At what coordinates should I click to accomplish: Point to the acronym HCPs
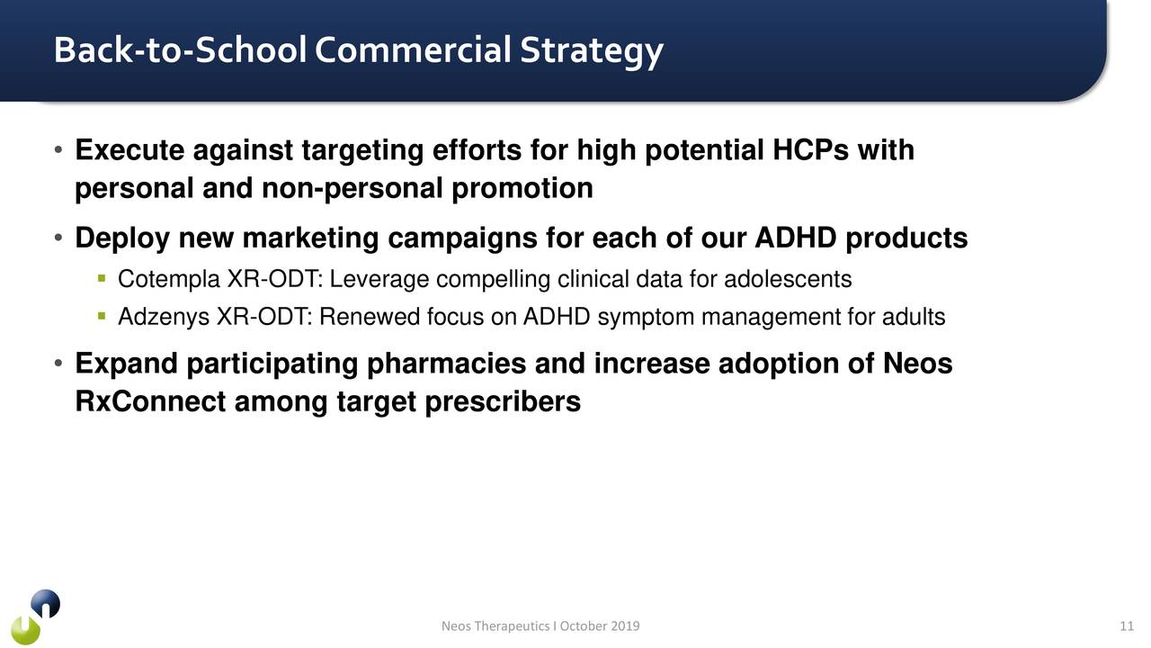(x=809, y=150)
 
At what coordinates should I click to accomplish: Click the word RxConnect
(x=150, y=402)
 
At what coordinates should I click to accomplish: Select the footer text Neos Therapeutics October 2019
(x=540, y=626)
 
